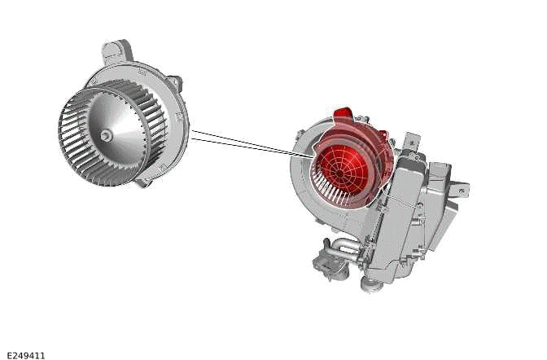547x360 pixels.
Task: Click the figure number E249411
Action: click(x=26, y=355)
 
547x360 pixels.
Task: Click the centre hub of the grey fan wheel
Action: click(x=107, y=135)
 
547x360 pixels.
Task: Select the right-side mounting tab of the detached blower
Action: click(x=173, y=86)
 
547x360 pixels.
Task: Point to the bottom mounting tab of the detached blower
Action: click(x=143, y=182)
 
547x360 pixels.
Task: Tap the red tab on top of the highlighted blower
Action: click(x=341, y=115)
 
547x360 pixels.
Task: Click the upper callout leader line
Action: click(x=244, y=139)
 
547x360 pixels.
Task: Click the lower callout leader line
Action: click(x=244, y=149)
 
